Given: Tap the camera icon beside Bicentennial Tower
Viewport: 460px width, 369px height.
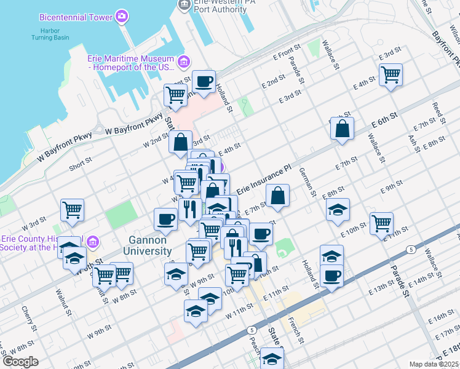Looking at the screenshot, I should pyautogui.click(x=123, y=15).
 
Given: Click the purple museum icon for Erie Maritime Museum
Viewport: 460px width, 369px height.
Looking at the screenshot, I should pyautogui.click(x=183, y=61).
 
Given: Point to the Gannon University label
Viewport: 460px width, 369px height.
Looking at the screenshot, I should pyautogui.click(x=150, y=245).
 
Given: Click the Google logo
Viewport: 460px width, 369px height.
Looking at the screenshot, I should pyautogui.click(x=20, y=362).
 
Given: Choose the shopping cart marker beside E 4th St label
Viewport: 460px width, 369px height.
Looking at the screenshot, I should pyautogui.click(x=391, y=75).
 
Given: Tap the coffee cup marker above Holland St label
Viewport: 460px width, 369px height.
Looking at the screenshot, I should pyautogui.click(x=204, y=81).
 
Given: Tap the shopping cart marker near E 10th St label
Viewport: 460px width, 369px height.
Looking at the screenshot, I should pyautogui.click(x=382, y=224).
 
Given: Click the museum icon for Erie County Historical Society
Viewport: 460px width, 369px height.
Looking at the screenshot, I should pyautogui.click(x=93, y=240).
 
